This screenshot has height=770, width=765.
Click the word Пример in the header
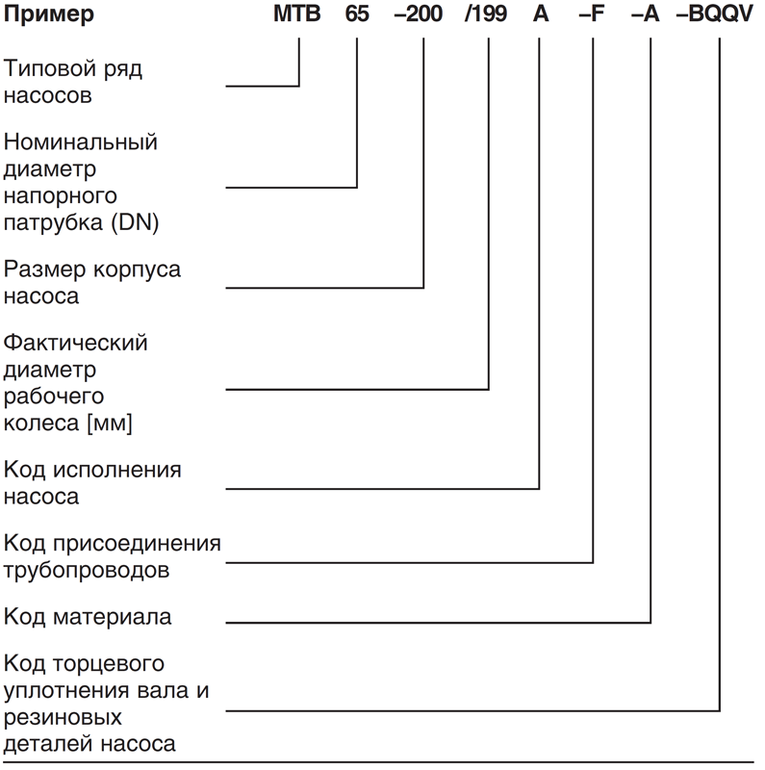pos(49,14)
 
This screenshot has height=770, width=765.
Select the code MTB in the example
pos(297,13)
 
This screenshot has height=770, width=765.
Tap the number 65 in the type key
pos(357,13)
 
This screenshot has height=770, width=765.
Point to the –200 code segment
pos(419,13)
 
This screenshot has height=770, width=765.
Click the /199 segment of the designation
pos(486,13)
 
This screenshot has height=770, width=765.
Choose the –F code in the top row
pos(591,13)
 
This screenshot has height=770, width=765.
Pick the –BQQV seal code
pos(714,13)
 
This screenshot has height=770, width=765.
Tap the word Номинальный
pos(81,142)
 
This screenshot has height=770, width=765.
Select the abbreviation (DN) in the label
pos(135,222)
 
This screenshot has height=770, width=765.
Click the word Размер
pos(44,269)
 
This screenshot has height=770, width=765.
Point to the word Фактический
pos(76,343)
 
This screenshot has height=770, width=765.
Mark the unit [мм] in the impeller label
pos(110,423)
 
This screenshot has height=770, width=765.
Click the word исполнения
pos(117,470)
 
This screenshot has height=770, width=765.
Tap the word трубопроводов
pos(87,571)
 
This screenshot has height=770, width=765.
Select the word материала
pos(113,617)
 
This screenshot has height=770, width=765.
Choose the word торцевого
pos(109,664)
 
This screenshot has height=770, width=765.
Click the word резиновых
pos(63,718)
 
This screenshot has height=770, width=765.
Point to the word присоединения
pos(137,544)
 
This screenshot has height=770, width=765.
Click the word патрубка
pos(53,222)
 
